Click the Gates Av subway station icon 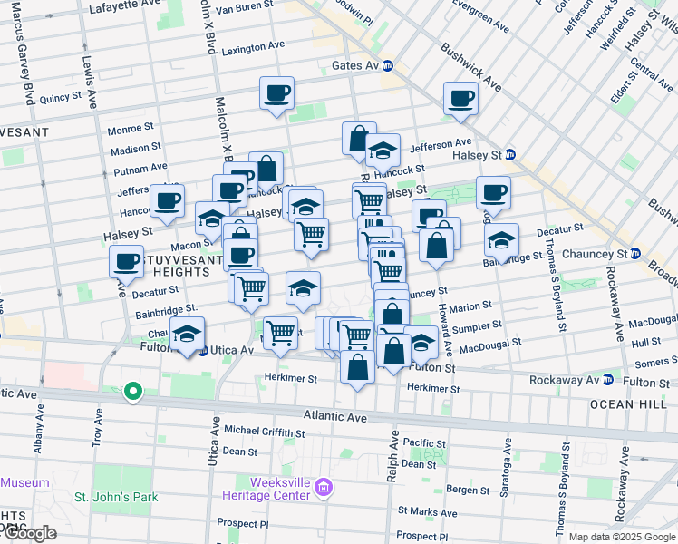coord(387,65)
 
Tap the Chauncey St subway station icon coord(635,253)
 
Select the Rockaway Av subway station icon coord(608,380)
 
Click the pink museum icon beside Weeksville coord(324,491)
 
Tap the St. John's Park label coord(116,497)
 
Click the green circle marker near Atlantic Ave coord(133,392)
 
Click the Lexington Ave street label coord(253,47)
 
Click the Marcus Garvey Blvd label coord(21,63)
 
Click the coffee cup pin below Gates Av coord(277,92)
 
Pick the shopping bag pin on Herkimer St coord(358,367)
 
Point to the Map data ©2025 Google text coord(621,537)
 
